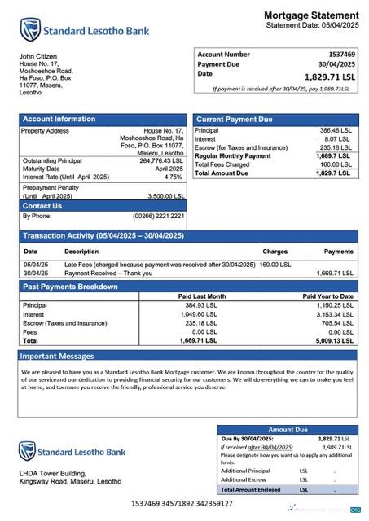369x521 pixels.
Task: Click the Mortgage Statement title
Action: point(310,15)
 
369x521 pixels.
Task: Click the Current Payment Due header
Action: point(235,119)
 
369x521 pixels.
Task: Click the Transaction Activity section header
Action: point(103,236)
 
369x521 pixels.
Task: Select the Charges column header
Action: point(275,252)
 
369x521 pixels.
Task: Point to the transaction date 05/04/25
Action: point(35,265)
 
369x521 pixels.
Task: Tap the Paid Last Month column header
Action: point(202,296)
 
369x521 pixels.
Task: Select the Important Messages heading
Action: point(56,356)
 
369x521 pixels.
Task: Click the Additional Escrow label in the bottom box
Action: point(247,480)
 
